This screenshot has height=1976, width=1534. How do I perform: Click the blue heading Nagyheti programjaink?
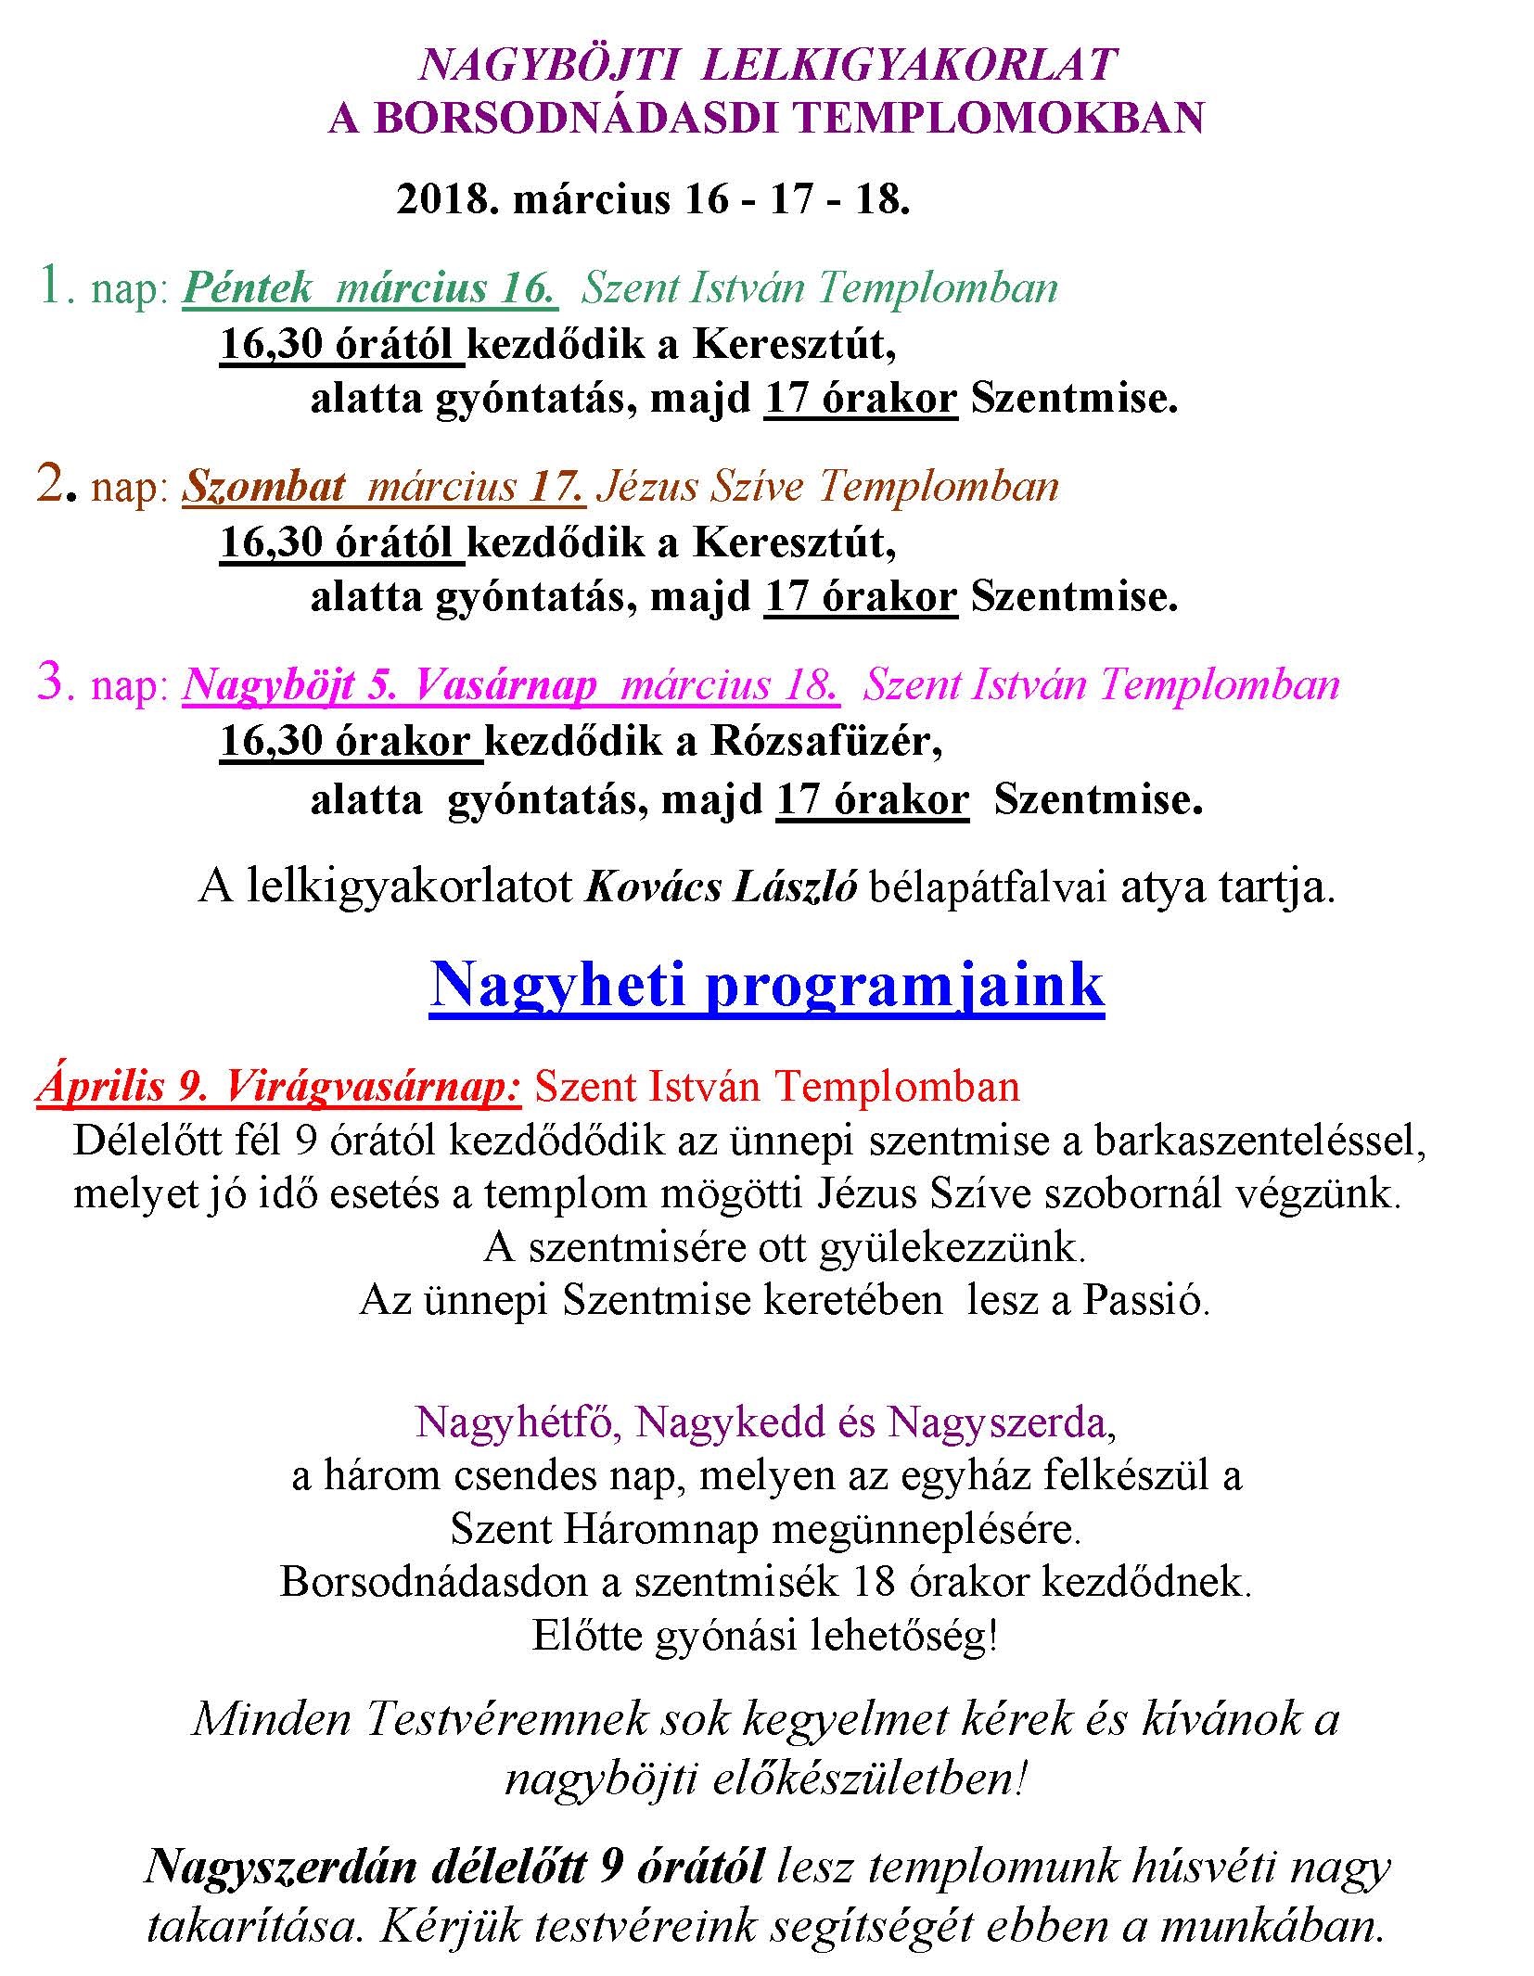(767, 985)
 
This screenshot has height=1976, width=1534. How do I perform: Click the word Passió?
(1145, 1301)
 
